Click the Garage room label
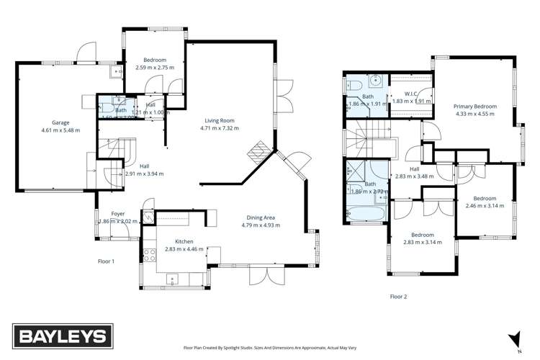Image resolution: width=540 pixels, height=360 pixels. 55,122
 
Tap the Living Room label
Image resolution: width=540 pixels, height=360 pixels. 219,121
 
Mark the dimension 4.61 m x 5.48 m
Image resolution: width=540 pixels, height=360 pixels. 55,130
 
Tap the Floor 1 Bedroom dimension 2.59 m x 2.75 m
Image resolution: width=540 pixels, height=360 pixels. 155,67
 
